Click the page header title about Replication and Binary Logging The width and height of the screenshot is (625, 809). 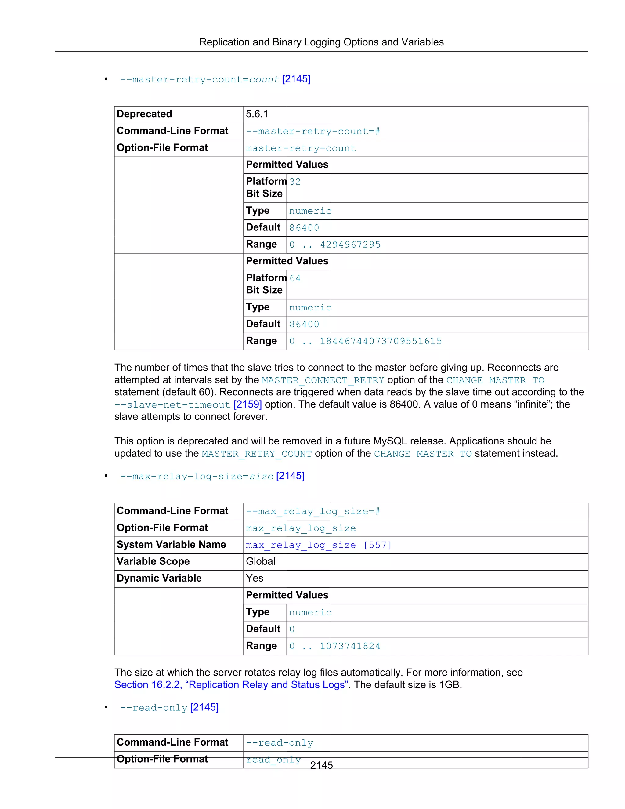pos(321,42)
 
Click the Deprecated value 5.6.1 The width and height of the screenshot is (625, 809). pos(257,114)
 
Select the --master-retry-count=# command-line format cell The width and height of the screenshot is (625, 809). pos(312,132)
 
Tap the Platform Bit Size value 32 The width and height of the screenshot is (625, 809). pos(295,182)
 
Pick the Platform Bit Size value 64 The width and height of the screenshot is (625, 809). pos(295,278)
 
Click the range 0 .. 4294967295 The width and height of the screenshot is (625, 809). pos(334,245)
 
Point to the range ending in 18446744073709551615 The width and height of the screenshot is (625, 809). pos(365,341)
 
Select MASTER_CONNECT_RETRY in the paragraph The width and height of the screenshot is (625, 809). pos(323,380)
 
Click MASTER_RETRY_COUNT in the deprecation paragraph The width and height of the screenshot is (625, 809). pos(256,454)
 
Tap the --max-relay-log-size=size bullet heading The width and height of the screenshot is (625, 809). pos(196,476)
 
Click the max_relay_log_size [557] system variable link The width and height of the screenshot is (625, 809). pos(318,545)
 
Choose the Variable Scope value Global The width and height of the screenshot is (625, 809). pos(260,561)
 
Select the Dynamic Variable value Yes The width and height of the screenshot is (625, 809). pos(255,578)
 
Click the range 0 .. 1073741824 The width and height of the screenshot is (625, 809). pos(334,646)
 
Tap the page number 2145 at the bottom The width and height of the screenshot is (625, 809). pos(321,765)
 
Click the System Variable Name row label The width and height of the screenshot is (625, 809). pos(171,545)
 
